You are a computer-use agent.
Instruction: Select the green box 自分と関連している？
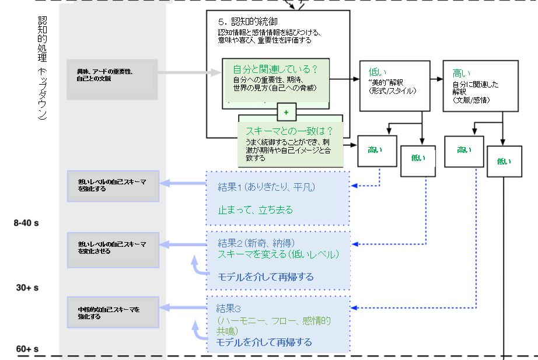click(275, 82)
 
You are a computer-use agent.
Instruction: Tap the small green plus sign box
click(286, 111)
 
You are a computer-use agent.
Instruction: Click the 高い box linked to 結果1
click(376, 151)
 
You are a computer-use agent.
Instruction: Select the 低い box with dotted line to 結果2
click(419, 158)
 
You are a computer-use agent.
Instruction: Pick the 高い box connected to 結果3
click(464, 151)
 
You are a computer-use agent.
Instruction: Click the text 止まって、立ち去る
click(256, 210)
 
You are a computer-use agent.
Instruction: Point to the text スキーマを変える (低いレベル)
click(278, 254)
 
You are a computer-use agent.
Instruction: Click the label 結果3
click(229, 307)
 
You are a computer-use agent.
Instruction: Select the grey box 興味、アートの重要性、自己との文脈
click(112, 75)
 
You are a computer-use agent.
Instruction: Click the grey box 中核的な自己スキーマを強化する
click(113, 313)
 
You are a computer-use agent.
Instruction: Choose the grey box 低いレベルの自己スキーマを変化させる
click(113, 247)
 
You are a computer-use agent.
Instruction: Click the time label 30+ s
click(27, 288)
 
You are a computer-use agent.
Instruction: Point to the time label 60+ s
click(27, 349)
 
